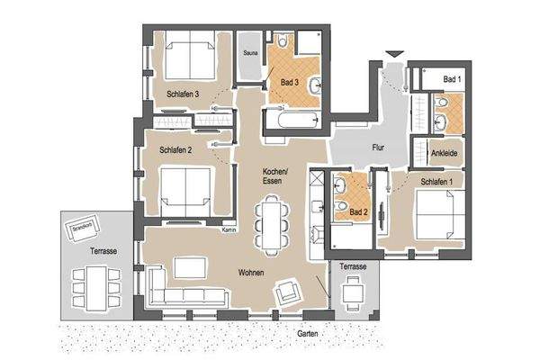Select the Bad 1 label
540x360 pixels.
(453, 80)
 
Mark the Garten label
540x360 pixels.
(308, 332)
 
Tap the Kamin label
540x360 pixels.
(229, 231)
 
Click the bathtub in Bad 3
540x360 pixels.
(291, 119)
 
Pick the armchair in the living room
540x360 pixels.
(289, 291)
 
